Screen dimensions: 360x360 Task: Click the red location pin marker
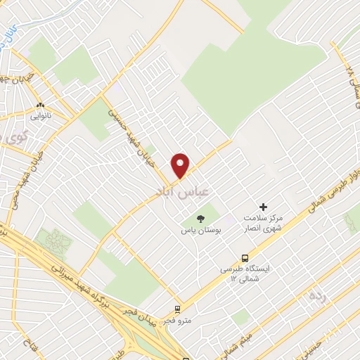pos(181,165)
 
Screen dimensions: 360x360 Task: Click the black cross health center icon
pos(264,207)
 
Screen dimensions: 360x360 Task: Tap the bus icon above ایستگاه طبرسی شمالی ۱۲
pos(245,257)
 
